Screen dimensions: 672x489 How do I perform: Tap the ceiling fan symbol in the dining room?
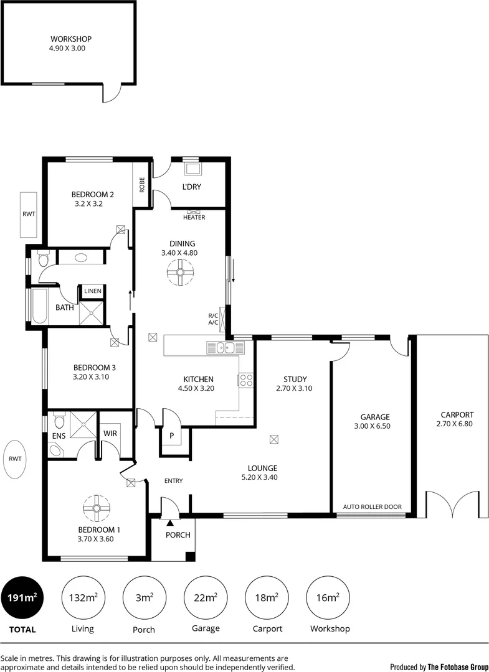(x=180, y=273)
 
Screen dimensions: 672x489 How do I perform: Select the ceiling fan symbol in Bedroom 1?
(x=97, y=508)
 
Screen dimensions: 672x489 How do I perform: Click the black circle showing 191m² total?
(x=22, y=598)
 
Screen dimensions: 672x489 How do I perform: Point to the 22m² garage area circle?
(x=206, y=598)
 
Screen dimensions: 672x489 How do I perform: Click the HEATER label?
(x=194, y=217)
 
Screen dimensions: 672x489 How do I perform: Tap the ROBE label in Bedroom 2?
(x=142, y=184)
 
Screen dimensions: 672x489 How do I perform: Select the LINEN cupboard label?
(x=93, y=291)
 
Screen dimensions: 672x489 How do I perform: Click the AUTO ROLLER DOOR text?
(x=373, y=507)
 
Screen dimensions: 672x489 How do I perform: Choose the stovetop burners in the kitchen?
(x=245, y=380)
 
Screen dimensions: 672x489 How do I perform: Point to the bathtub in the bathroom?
(x=39, y=307)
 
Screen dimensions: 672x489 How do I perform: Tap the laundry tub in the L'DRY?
(x=192, y=169)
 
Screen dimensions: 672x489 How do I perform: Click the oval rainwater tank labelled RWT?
(x=15, y=459)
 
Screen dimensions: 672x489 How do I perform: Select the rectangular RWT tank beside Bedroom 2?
(x=28, y=215)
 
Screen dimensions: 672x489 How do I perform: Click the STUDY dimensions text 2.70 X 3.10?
(x=294, y=388)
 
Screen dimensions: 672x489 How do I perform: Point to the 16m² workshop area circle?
(x=329, y=598)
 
